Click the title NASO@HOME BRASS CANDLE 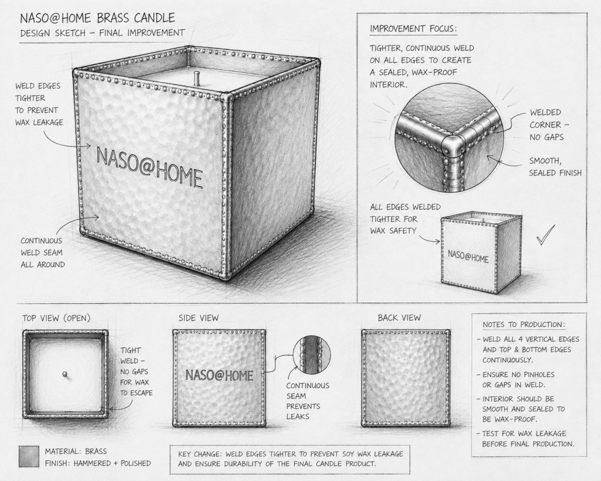coord(98,18)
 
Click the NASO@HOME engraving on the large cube coord(149,167)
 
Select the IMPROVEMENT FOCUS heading coord(413,29)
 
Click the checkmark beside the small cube coord(545,234)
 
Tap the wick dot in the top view coord(65,374)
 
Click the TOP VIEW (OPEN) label coord(56,318)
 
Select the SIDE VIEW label coord(198,318)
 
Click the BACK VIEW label coord(399,318)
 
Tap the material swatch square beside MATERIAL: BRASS coord(29,456)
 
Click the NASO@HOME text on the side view coord(220,375)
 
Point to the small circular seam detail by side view coord(311,354)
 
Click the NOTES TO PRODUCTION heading coord(524,325)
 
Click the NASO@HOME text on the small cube coord(468,256)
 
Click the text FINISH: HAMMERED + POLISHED coord(98,463)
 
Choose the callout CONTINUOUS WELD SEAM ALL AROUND coord(42,253)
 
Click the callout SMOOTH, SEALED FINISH coord(555,167)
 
